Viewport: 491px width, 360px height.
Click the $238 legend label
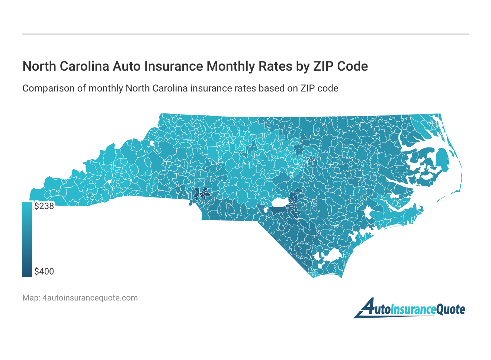tap(44, 206)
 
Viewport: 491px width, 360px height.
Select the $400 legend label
tap(44, 271)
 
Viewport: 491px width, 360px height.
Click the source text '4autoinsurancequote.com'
tap(90, 298)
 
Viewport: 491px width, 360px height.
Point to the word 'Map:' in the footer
tap(31, 298)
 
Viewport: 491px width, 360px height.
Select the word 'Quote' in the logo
tap(450, 309)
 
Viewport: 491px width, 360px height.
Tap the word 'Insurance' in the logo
tap(413, 309)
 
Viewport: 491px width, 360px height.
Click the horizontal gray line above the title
tap(245, 34)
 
